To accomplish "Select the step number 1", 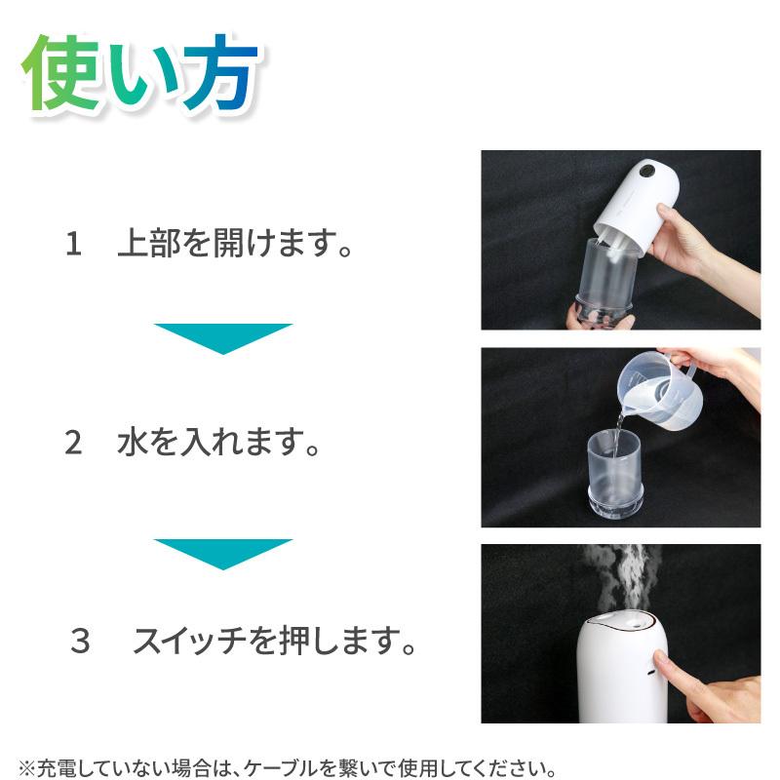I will [73, 244].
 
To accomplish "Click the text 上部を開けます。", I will [234, 244].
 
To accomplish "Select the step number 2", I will [73, 444].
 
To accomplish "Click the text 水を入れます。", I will [219, 444].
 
